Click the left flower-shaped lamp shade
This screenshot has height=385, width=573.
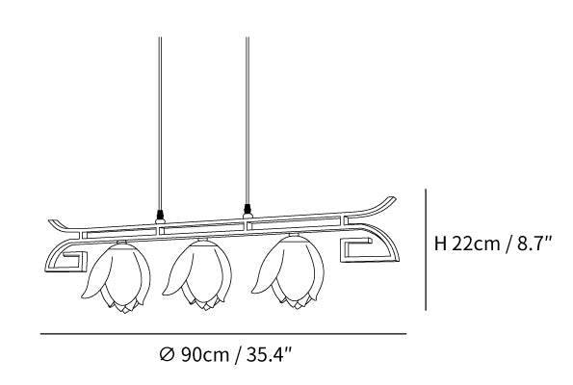pos(117,277)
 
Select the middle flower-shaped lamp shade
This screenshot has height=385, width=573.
pos(197,274)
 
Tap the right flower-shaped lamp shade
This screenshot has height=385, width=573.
pos(289,271)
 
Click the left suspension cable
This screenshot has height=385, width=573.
pos(160,123)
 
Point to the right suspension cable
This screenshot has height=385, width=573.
pos(247,120)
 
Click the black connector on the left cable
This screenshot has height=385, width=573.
pos(160,214)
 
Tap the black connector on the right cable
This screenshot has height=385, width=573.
pos(247,209)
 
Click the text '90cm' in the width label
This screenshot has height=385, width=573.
pos(204,354)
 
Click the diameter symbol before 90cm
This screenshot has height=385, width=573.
pos(167,355)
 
